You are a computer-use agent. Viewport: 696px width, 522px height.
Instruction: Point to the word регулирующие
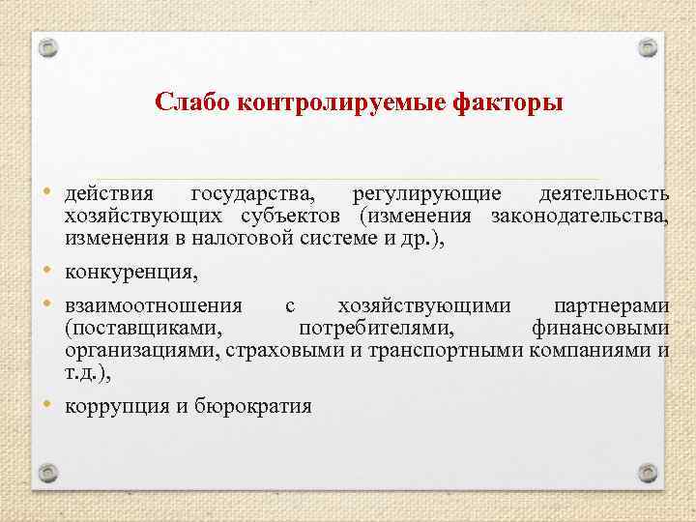(427, 194)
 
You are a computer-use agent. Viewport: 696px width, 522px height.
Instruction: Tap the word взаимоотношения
(153, 306)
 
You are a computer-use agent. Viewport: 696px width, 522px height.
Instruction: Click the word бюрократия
(251, 406)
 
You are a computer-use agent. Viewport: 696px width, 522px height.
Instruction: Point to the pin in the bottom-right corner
(649, 474)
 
